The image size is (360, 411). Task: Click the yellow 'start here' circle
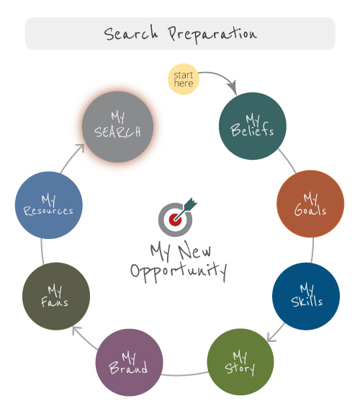pos(184,79)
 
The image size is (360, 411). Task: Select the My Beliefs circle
pos(253,126)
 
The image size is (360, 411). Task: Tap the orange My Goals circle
pos(310,204)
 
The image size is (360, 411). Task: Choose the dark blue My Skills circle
pos(306,296)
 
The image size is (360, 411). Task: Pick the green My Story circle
pos(240,362)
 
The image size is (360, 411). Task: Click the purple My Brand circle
pos(129,362)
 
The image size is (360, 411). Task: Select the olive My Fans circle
pos(56,296)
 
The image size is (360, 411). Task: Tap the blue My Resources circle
pos(49,205)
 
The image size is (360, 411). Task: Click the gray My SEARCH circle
pos(118,127)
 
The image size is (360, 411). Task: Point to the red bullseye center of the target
pos(175,220)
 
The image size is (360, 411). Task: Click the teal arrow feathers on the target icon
pos(191,204)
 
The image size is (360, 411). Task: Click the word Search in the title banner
pos(131,33)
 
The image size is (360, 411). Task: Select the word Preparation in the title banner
pos(212,35)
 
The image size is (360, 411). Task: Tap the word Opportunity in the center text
pos(179,272)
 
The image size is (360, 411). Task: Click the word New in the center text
pos(194,250)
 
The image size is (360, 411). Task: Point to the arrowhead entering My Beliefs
pos(233,87)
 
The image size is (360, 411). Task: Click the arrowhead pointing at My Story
pos(271,337)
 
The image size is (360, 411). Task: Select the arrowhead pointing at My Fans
pos(76,330)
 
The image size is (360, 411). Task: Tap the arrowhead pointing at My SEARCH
pos(81,148)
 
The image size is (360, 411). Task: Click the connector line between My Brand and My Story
pos(185,375)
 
